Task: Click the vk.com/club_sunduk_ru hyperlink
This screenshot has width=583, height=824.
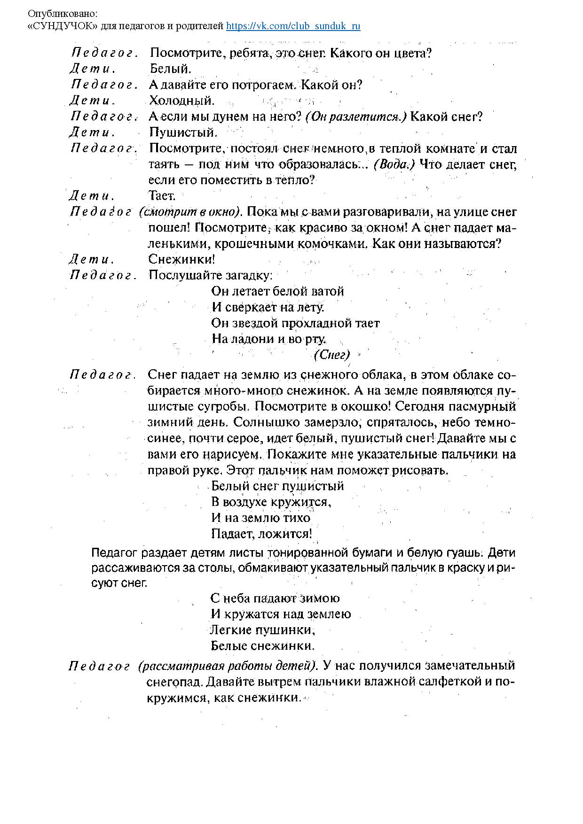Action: click(293, 26)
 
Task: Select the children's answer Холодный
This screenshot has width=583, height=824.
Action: click(181, 101)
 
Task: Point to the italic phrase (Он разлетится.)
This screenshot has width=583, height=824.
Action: click(356, 117)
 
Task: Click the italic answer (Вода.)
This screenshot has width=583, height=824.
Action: click(394, 164)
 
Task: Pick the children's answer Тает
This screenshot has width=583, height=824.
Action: click(162, 195)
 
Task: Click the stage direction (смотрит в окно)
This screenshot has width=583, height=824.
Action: click(190, 212)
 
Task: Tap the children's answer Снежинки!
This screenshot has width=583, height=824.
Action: click(181, 259)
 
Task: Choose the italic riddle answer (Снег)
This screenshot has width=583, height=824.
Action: click(331, 355)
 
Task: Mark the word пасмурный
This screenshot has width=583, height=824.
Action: click(487, 406)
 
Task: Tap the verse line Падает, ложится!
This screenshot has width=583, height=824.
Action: click(261, 534)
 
